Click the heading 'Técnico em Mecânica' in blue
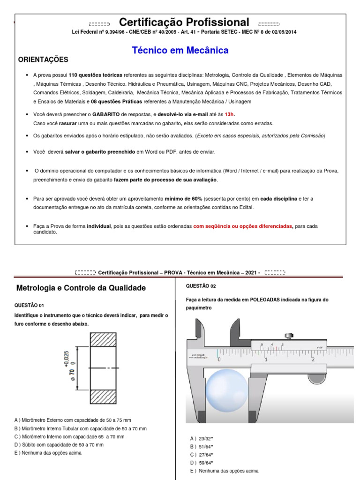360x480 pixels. click(x=180, y=50)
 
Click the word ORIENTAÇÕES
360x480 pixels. click(x=43, y=60)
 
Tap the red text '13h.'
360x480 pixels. click(x=229, y=114)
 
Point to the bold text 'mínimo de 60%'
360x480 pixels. click(x=186, y=199)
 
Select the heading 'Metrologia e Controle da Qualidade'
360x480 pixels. click(x=81, y=288)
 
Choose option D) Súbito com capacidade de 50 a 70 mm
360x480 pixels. click(x=59, y=444)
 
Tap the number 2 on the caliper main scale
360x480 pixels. click(x=313, y=360)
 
